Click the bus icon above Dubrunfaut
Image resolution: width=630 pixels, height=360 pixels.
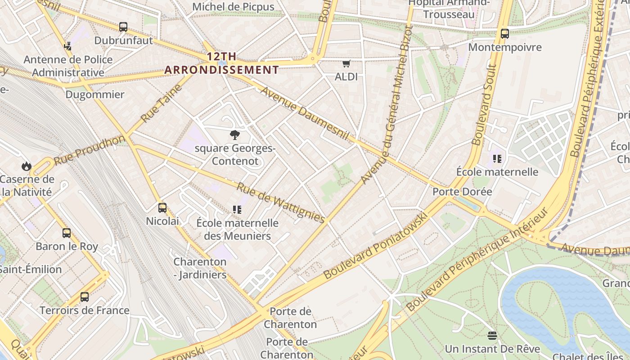[x=123, y=27]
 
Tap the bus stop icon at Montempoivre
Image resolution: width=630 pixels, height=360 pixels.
[x=504, y=34]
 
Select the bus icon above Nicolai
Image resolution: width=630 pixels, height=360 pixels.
[x=162, y=208]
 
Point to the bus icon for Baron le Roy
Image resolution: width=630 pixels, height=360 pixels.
[x=67, y=233]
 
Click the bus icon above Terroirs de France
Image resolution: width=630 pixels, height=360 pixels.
[x=85, y=297]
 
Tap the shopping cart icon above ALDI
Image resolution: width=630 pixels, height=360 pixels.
[x=346, y=64]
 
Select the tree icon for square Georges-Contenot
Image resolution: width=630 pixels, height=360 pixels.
[x=234, y=135]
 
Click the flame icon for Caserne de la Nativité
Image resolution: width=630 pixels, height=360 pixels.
[x=27, y=166]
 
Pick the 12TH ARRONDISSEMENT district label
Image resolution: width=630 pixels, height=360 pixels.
[x=221, y=63]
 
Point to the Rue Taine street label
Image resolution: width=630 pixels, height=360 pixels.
[x=161, y=103]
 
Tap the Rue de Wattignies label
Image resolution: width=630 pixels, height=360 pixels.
[x=281, y=202]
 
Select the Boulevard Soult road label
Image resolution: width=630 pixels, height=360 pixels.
[x=484, y=104]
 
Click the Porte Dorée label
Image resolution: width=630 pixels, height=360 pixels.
[x=462, y=191]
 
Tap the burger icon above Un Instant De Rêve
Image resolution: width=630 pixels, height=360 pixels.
[x=492, y=336]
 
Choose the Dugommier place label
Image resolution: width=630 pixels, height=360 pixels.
[x=95, y=94]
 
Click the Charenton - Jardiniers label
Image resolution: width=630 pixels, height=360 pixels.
[x=200, y=268]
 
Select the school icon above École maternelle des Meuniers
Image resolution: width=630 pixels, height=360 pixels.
[x=237, y=209]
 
